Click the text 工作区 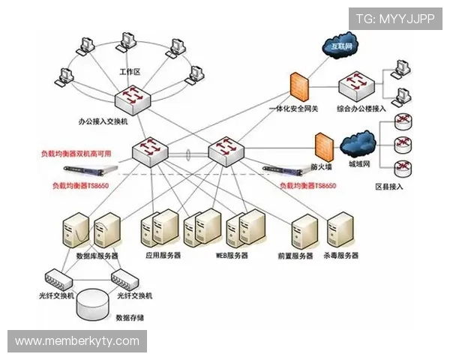pyautogui.click(x=130, y=72)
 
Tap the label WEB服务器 pyautogui.click(x=232, y=256)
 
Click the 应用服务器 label pyautogui.click(x=163, y=256)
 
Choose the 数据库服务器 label pyautogui.click(x=97, y=256)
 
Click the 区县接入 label pyautogui.click(x=388, y=186)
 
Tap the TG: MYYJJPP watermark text pyautogui.click(x=394, y=17)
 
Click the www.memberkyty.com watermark pyautogui.click(x=77, y=341)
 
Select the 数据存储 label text pyautogui.click(x=130, y=317)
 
